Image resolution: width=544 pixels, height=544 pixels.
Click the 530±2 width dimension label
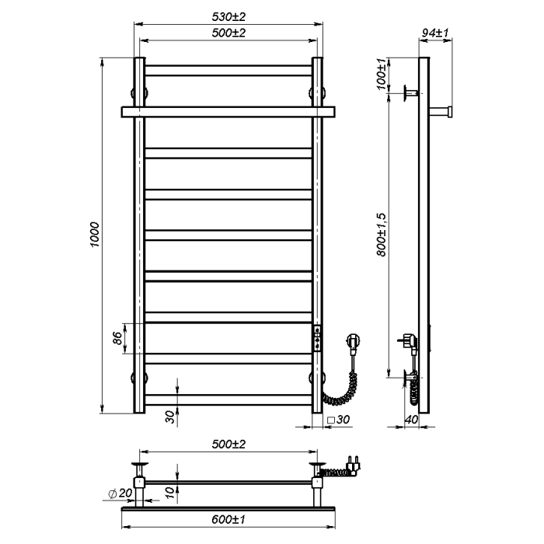click(x=228, y=16)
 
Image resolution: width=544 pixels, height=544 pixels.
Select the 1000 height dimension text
click(x=95, y=235)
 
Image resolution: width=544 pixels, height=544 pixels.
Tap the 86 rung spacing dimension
click(x=117, y=338)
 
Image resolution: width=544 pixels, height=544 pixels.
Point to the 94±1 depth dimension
click(x=435, y=33)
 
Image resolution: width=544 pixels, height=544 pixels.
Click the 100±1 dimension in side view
click(x=381, y=75)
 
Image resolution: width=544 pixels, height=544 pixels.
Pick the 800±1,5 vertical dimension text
click(x=381, y=235)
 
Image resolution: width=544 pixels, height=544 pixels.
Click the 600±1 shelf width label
click(x=228, y=519)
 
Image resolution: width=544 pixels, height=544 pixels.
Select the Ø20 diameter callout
click(x=120, y=493)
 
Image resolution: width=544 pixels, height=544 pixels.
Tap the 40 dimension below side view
click(x=411, y=420)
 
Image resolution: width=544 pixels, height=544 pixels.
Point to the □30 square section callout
click(x=338, y=420)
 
